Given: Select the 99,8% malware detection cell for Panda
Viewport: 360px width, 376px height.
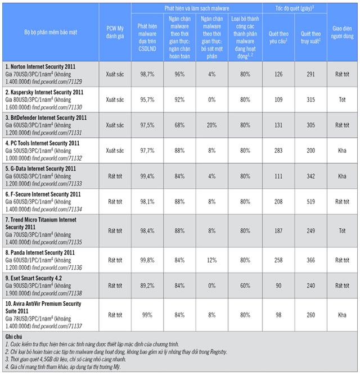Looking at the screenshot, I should [148, 261].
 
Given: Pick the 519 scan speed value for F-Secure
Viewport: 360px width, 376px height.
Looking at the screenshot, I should [309, 201].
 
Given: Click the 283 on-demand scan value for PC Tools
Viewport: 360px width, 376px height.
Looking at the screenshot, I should [277, 150].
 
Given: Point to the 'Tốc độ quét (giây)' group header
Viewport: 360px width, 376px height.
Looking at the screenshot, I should [294, 7].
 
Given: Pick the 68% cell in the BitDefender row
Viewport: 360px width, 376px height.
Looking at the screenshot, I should [180, 125].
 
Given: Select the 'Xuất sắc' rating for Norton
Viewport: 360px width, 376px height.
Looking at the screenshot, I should [114, 74].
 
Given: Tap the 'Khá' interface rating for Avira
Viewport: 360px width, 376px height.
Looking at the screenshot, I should [342, 315].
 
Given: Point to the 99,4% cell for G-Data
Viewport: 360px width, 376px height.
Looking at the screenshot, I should [148, 175].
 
